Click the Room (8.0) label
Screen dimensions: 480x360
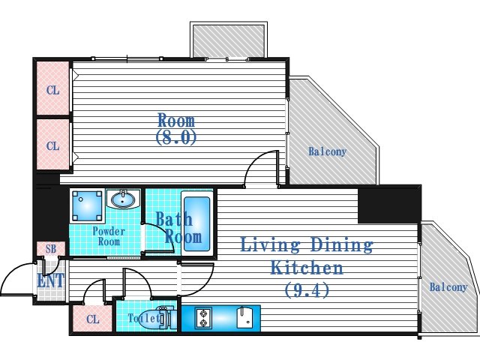(176, 129)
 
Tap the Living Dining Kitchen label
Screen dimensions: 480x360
(307, 256)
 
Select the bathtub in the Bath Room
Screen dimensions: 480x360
(197, 223)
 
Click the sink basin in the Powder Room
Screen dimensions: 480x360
(123, 199)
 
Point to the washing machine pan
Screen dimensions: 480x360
(87, 205)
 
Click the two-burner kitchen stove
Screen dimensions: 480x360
(203, 318)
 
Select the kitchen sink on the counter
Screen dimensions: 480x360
(244, 318)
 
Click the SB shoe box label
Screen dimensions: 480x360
(51, 249)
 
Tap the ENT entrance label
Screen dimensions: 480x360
(51, 280)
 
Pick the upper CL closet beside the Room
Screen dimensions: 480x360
(53, 90)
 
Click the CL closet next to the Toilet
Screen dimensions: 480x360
(93, 319)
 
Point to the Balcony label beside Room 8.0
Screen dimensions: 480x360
(327, 151)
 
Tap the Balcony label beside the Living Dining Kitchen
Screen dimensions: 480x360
(448, 287)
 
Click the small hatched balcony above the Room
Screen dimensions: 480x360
(229, 40)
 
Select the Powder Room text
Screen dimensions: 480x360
(109, 236)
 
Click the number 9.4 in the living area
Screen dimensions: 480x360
(307, 289)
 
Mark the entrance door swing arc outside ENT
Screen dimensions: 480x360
(12, 272)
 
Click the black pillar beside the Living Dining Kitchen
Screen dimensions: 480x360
(389, 204)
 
